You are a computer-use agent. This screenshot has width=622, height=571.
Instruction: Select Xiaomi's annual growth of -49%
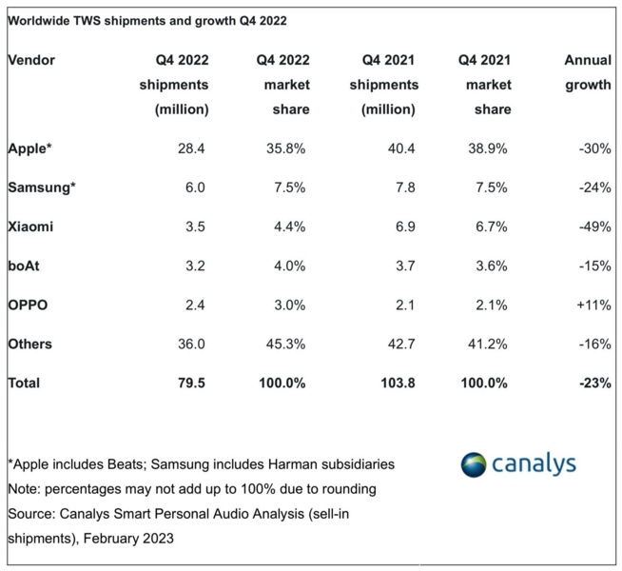click(593, 226)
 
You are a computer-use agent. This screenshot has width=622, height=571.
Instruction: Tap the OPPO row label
click(28, 305)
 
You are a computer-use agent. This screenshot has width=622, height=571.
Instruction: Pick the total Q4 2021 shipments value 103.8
click(392, 383)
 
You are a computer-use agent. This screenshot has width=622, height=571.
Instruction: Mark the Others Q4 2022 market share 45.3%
click(289, 344)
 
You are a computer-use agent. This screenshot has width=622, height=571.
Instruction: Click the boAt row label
click(24, 266)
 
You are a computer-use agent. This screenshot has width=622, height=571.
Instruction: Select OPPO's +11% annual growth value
click(592, 305)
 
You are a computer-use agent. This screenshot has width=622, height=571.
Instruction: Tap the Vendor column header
click(31, 60)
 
